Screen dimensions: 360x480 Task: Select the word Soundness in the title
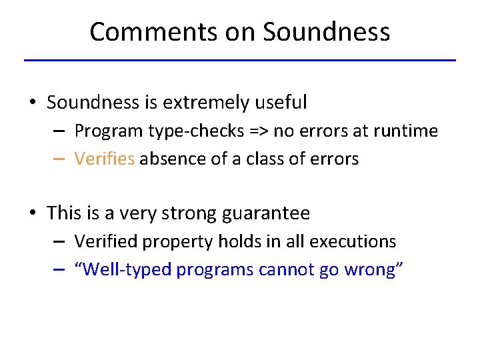click(326, 31)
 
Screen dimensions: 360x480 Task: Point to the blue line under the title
click(240, 61)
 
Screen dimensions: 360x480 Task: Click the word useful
click(283, 103)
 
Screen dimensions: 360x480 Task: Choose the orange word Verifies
click(105, 159)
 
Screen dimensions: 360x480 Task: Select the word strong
click(188, 213)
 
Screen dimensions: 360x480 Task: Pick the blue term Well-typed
click(123, 269)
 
